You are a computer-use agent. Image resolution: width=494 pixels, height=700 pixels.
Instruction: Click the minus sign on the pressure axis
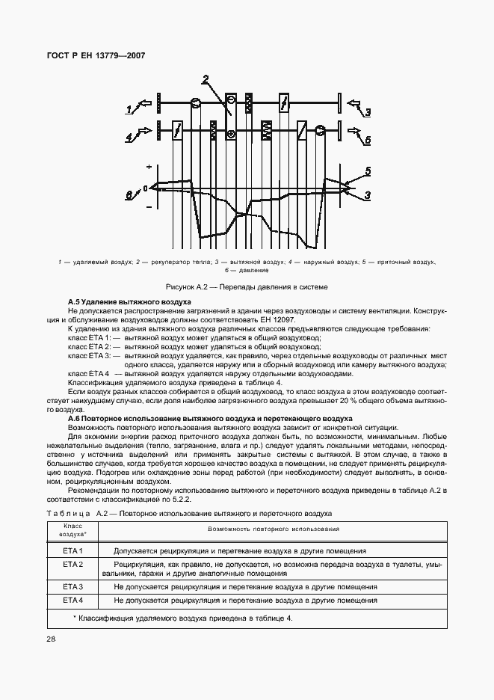[x=149, y=206]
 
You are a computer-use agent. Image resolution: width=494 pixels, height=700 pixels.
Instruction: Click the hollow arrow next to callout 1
[x=145, y=105]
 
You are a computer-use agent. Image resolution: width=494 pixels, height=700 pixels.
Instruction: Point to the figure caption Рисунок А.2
[x=247, y=286]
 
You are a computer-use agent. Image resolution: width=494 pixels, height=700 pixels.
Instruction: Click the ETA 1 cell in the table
[x=72, y=550]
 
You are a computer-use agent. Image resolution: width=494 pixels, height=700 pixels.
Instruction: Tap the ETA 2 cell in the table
[x=72, y=563]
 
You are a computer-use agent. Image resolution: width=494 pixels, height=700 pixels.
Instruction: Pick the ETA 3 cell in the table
[x=72, y=587]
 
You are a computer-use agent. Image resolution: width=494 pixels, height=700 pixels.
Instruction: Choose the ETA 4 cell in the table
[x=72, y=600]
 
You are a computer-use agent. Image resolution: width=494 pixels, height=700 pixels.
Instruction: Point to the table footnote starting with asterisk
[x=183, y=618]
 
